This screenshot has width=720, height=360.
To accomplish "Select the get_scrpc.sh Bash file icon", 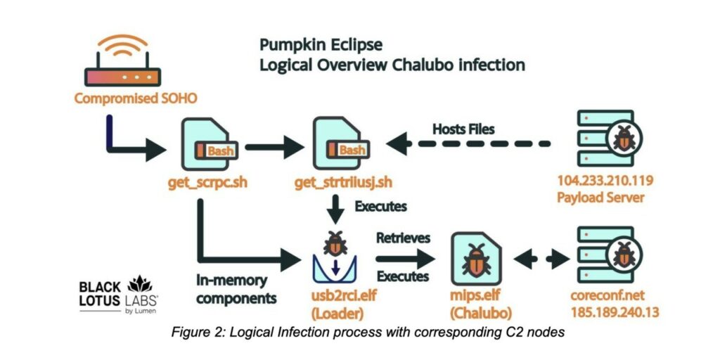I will coord(204,144).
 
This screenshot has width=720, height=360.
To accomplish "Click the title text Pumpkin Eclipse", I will coord(321,45).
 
